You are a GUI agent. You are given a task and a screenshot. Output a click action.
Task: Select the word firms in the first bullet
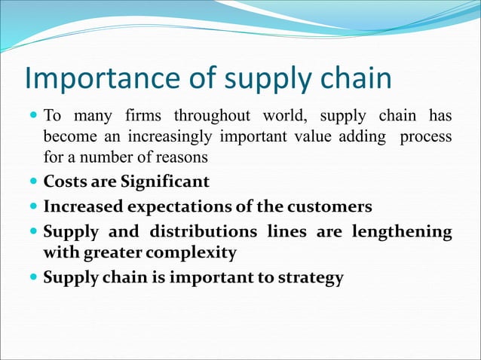(x=141, y=117)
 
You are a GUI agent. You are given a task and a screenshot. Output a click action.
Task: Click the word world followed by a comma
(x=286, y=117)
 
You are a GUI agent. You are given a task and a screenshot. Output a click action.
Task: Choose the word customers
(x=332, y=206)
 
